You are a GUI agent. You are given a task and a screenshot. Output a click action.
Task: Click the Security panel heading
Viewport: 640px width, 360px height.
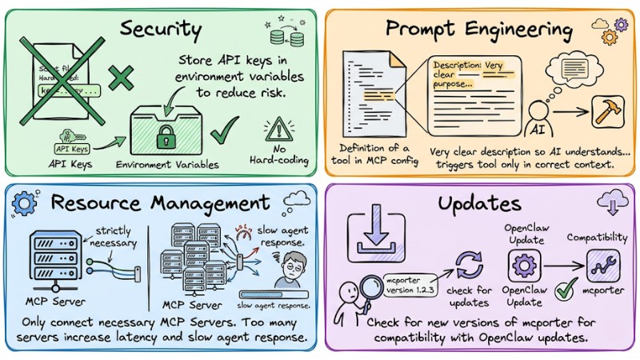(160, 30)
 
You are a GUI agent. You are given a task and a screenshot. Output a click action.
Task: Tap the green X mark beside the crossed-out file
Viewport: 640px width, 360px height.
(120, 78)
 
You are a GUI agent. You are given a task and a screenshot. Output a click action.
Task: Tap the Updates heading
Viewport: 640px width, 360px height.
(478, 203)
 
